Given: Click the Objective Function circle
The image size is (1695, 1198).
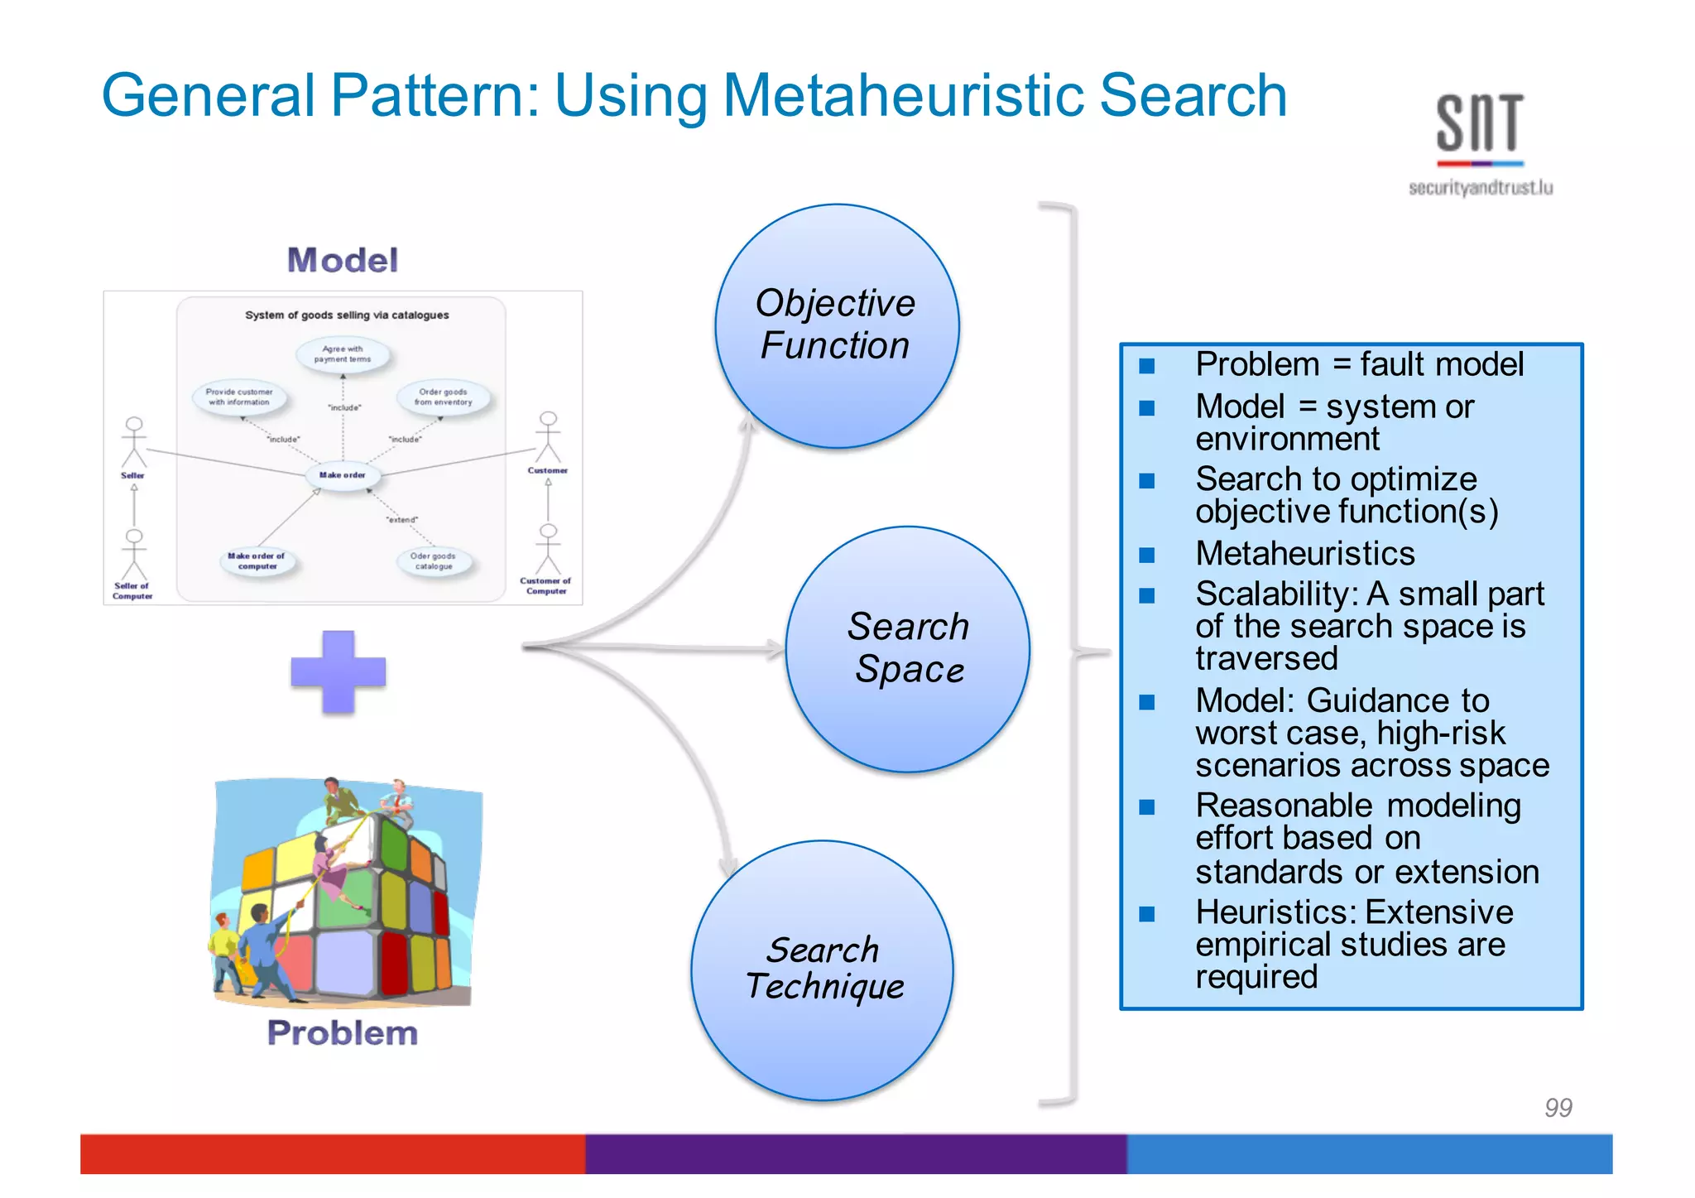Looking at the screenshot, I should pyautogui.click(x=837, y=326).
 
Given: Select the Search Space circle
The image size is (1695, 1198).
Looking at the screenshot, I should pyautogui.click(x=908, y=649).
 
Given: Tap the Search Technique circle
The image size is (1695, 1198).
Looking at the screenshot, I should pyautogui.click(x=823, y=970).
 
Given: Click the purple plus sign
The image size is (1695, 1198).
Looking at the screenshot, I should pyautogui.click(x=339, y=671).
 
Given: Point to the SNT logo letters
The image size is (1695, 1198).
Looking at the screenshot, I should pyautogui.click(x=1480, y=123).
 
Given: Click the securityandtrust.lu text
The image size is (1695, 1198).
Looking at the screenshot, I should pyautogui.click(x=1481, y=188).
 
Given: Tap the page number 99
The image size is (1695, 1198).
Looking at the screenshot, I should pyautogui.click(x=1558, y=1107).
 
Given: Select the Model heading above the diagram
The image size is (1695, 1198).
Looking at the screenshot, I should pyautogui.click(x=343, y=260).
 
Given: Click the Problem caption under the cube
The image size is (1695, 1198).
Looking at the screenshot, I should pyautogui.click(x=343, y=1033).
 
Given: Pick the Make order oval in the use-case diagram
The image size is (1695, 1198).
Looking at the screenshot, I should pyautogui.click(x=343, y=475).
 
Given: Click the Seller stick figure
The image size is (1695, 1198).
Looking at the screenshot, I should pyautogui.click(x=133, y=442).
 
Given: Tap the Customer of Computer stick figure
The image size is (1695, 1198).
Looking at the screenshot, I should pyautogui.click(x=548, y=550).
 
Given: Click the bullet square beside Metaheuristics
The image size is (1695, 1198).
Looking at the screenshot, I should pyautogui.click(x=1146, y=555).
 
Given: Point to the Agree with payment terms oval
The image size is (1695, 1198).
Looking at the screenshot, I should pyautogui.click(x=343, y=354).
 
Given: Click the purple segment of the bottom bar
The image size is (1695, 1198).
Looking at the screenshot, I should pyautogui.click(x=856, y=1153).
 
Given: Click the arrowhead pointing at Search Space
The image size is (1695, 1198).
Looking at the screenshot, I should pyautogui.click(x=775, y=649).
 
